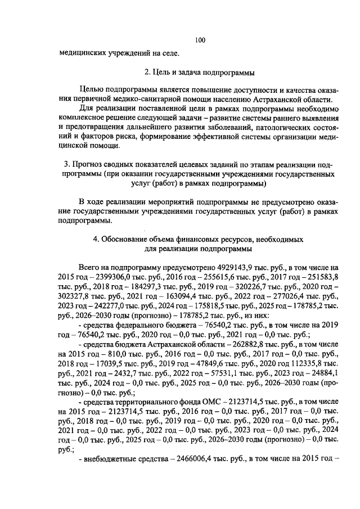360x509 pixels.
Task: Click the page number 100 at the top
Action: point(200,39)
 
